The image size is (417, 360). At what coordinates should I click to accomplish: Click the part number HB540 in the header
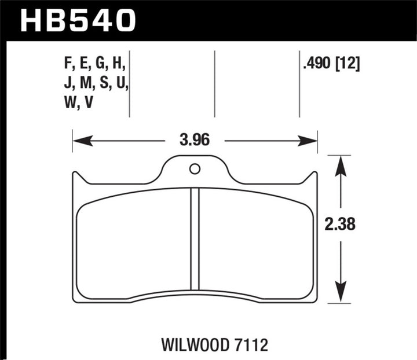(78, 21)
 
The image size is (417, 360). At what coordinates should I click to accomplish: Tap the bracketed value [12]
(349, 65)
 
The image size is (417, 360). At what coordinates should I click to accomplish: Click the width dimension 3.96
(194, 141)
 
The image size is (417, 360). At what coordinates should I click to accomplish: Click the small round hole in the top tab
(195, 169)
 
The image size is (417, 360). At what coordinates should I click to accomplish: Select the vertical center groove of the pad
(195, 244)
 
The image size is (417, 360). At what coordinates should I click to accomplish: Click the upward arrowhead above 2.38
(341, 163)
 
